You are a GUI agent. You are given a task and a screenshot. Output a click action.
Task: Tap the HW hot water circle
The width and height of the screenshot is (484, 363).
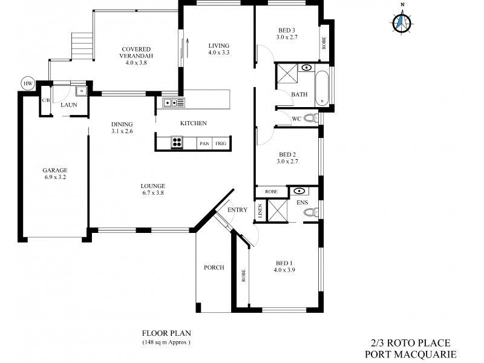[27, 83]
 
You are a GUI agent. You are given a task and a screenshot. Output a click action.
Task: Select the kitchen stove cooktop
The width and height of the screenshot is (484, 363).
[177, 143]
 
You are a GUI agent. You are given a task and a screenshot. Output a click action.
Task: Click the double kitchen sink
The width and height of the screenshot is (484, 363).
[173, 103]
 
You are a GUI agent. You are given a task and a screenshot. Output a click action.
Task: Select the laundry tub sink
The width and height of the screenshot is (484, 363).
[81, 91]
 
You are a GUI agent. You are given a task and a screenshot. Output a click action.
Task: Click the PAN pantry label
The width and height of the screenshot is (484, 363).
[204, 143]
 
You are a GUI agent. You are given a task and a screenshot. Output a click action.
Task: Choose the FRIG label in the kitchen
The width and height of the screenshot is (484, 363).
[221, 143]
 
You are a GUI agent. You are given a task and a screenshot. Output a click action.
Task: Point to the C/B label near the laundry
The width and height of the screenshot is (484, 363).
[45, 101]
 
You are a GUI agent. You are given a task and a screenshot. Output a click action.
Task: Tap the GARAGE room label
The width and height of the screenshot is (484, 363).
[54, 170]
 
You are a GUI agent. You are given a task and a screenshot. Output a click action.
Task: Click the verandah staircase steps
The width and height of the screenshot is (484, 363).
[80, 44]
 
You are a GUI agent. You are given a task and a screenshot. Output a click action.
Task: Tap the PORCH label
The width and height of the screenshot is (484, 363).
[214, 267]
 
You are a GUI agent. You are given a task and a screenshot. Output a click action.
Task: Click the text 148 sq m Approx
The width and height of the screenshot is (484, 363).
[166, 342]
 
